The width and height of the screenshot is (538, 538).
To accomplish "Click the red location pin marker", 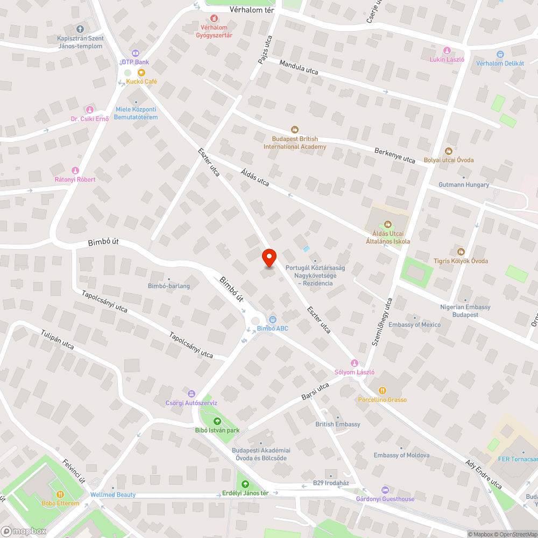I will tap(268, 258).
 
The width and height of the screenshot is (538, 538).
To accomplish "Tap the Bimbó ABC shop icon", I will tap(273, 319).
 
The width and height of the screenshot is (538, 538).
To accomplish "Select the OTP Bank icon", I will tap(134, 53).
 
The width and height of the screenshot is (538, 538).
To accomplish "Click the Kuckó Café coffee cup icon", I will tap(141, 72).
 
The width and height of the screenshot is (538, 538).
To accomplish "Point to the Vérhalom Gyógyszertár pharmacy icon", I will tap(214, 18).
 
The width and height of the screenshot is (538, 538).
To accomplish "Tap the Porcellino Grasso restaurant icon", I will tap(382, 390).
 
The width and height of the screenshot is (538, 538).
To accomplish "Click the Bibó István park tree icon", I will tap(217, 421).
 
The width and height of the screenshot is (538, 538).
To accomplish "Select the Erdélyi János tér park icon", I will tap(245, 484).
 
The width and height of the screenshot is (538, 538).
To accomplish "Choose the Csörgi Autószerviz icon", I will tap(191, 393).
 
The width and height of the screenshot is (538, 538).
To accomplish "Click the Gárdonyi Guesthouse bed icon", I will tap(385, 490).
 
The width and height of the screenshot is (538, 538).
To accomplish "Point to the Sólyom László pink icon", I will tap(354, 363).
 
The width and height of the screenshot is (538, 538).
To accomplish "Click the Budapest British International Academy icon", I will tap(295, 129).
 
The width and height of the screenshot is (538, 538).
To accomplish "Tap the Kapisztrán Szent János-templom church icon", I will tap(80, 29).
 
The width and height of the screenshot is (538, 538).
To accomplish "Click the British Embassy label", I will tap(338, 424).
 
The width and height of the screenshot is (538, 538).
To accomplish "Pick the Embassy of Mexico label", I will tap(414, 324).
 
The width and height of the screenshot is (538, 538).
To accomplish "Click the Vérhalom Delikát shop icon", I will tap(500, 54).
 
